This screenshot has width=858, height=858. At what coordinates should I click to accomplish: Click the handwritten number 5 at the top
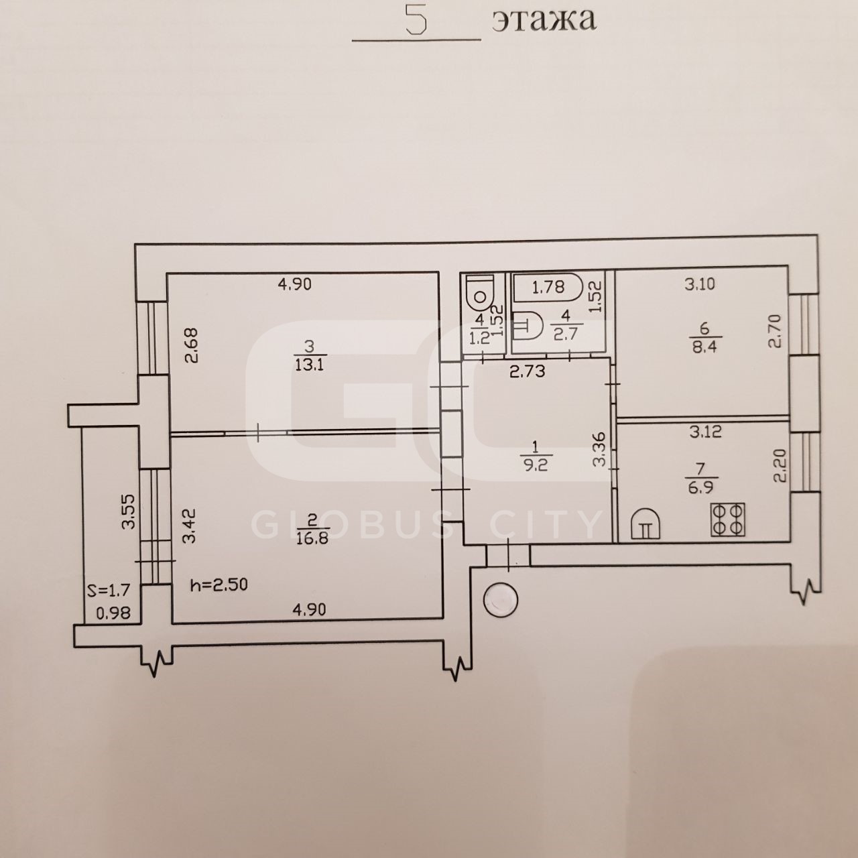[x=417, y=19]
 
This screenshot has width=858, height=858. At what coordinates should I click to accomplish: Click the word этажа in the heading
[x=544, y=19]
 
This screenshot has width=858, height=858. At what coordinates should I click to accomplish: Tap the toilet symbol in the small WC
[x=479, y=292]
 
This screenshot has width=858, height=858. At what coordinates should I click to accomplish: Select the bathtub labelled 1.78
[x=548, y=287]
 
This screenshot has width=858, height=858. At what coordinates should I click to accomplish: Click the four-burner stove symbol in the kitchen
[x=728, y=519]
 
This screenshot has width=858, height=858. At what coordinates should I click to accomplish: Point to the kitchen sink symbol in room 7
[x=645, y=524]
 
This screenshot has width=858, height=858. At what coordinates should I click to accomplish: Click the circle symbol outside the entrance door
[x=501, y=600]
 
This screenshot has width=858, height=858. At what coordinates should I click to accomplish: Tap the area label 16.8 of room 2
[x=312, y=539]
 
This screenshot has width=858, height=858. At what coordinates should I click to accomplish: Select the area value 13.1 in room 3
[x=309, y=365]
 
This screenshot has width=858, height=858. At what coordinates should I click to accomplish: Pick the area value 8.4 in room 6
[x=704, y=347]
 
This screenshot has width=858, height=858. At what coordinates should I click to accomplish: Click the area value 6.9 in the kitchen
[x=701, y=487]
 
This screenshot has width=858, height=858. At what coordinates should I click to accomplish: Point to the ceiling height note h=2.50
[x=219, y=584]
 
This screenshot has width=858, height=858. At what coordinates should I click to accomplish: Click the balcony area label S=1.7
[x=109, y=590]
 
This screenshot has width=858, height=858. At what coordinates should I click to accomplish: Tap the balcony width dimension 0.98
[x=113, y=613]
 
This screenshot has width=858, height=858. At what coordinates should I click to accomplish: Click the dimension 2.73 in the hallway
[x=527, y=371]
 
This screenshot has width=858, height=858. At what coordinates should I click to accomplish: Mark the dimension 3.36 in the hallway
[x=600, y=449]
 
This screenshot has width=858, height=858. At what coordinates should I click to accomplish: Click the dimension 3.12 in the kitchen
[x=706, y=432]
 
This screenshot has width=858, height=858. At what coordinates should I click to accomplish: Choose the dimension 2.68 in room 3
[x=191, y=345]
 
